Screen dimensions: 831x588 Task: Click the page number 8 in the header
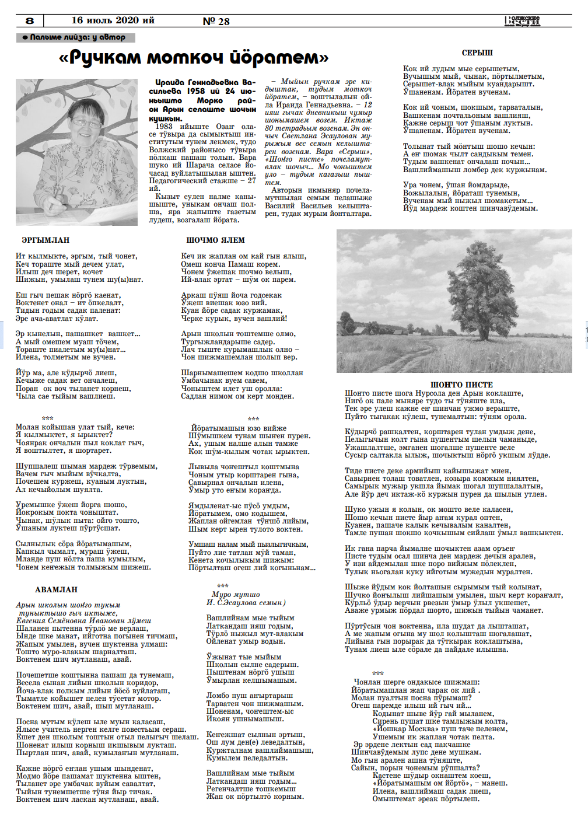pos(30,20)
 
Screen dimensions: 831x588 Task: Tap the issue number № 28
pos(216,21)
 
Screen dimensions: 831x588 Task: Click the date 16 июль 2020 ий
pos(113,20)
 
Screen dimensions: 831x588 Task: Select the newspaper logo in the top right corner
pos(523,21)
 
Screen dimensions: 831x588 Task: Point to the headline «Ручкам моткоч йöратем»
pos(194,57)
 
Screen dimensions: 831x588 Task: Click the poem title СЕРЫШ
pos(477,53)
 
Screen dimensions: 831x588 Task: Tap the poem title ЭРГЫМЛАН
pos(45,240)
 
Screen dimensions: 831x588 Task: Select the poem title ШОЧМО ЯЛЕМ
pos(215,240)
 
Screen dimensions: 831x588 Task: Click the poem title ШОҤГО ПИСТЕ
pos(461,385)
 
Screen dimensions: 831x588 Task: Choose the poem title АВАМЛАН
pos(56,589)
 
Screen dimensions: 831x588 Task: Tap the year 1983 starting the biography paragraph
pos(164,126)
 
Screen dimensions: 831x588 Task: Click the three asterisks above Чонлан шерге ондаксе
pos(378,673)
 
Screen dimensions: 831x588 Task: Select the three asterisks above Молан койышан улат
pos(48,418)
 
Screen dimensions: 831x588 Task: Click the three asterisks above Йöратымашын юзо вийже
pos(253,419)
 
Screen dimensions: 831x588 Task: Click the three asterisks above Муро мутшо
pos(222,586)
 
